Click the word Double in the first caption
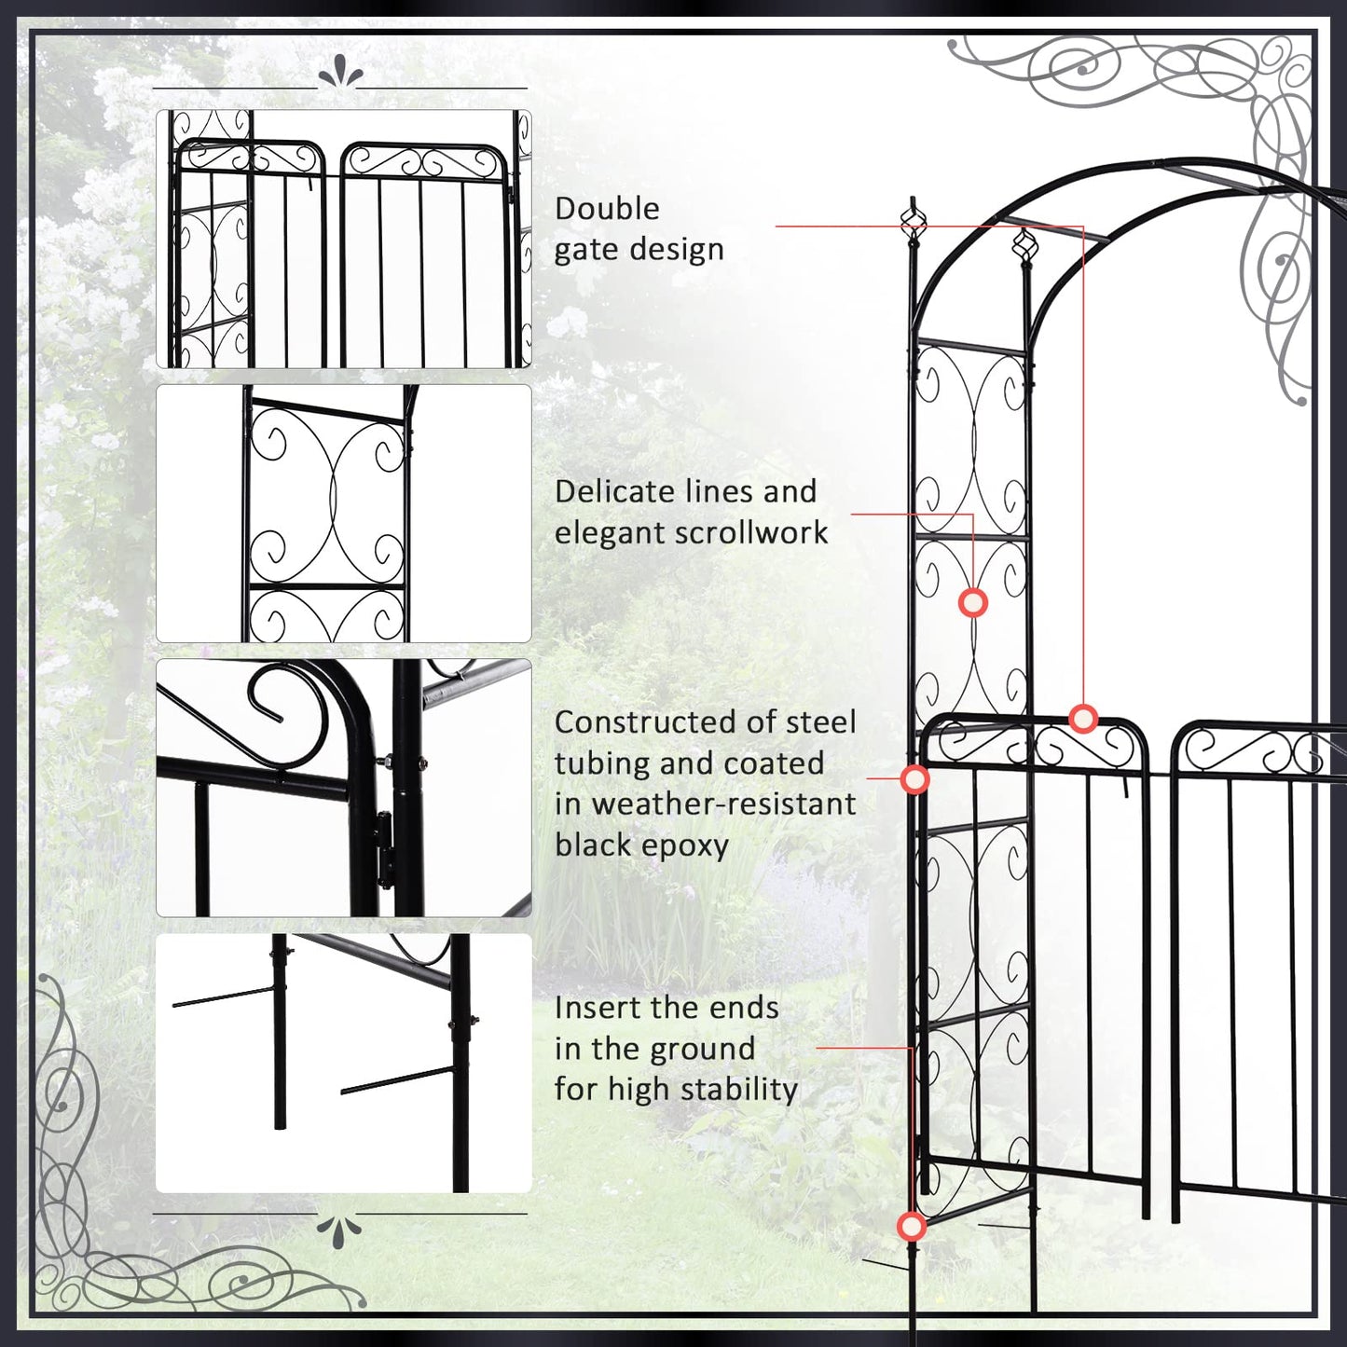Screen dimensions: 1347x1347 pyautogui.click(x=607, y=209)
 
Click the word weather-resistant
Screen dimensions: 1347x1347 pyautogui.click(x=723, y=804)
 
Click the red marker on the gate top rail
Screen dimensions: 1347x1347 pyautogui.click(x=1083, y=719)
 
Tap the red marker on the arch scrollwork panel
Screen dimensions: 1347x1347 pyautogui.click(x=973, y=603)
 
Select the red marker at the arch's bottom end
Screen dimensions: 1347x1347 pyautogui.click(x=912, y=1226)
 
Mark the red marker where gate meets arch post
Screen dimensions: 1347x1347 pyautogui.click(x=915, y=778)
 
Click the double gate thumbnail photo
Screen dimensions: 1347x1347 pyautogui.click(x=343, y=239)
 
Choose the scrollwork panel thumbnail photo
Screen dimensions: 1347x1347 pyautogui.click(x=343, y=514)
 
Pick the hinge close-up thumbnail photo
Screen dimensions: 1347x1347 pyautogui.click(x=343, y=788)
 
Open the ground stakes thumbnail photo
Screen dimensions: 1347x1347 pyautogui.click(x=343, y=1063)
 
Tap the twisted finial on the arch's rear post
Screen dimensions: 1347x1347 pyautogui.click(x=1025, y=246)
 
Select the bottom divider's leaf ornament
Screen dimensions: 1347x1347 pyautogui.click(x=339, y=1230)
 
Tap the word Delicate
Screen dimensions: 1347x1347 pyautogui.click(x=616, y=491)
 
